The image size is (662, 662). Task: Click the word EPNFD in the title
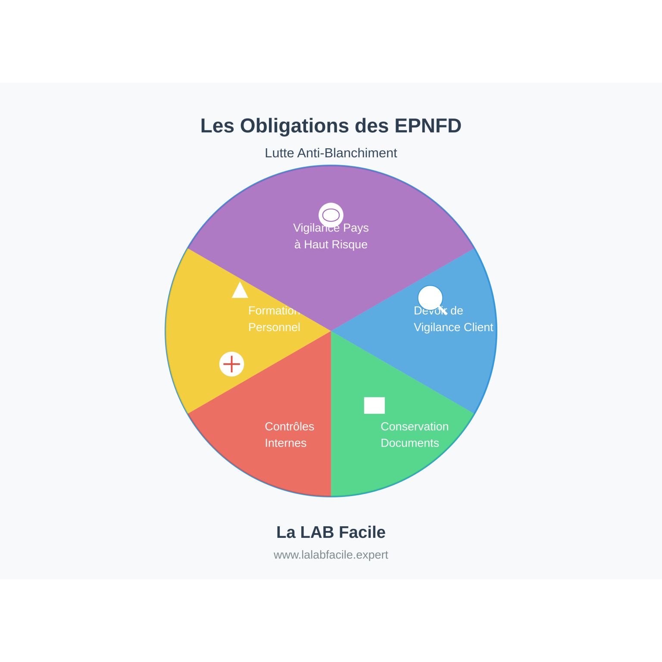pyautogui.click(x=428, y=126)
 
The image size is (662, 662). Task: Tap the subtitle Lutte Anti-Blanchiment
pyautogui.click(x=331, y=153)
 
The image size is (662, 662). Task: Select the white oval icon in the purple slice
pyautogui.click(x=331, y=215)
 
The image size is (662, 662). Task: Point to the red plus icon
pyautogui.click(x=232, y=364)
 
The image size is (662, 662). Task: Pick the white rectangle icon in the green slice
pyautogui.click(x=374, y=406)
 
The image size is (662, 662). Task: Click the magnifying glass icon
pyautogui.click(x=431, y=299)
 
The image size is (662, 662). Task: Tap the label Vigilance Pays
pyautogui.click(x=331, y=228)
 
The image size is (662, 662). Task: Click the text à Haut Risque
pyautogui.click(x=331, y=245)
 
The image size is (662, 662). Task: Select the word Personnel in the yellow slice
pyautogui.click(x=274, y=328)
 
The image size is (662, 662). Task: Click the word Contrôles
pyautogui.click(x=289, y=427)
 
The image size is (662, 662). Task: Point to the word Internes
pyautogui.click(x=285, y=443)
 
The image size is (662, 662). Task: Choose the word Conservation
pyautogui.click(x=415, y=427)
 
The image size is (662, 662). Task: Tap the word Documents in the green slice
pyautogui.click(x=409, y=443)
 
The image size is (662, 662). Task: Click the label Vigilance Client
pyautogui.click(x=453, y=328)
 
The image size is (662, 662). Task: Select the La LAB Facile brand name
pyautogui.click(x=331, y=532)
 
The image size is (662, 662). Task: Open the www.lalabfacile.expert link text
pyautogui.click(x=331, y=555)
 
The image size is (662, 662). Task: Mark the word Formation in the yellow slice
pyautogui.click(x=273, y=311)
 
